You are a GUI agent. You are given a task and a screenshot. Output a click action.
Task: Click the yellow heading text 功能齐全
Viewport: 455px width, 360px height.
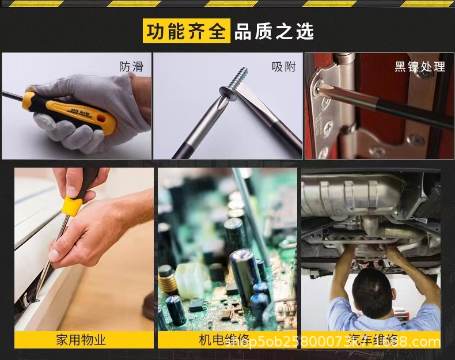coord(186,31)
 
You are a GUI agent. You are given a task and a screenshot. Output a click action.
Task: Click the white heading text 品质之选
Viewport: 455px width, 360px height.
coord(274,31)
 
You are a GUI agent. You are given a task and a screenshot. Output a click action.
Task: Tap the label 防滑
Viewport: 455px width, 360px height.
coord(131,67)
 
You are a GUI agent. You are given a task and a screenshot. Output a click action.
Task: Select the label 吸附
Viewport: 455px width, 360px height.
coord(283,67)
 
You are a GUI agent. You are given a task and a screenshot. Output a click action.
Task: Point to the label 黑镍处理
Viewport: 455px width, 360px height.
coord(420,67)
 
